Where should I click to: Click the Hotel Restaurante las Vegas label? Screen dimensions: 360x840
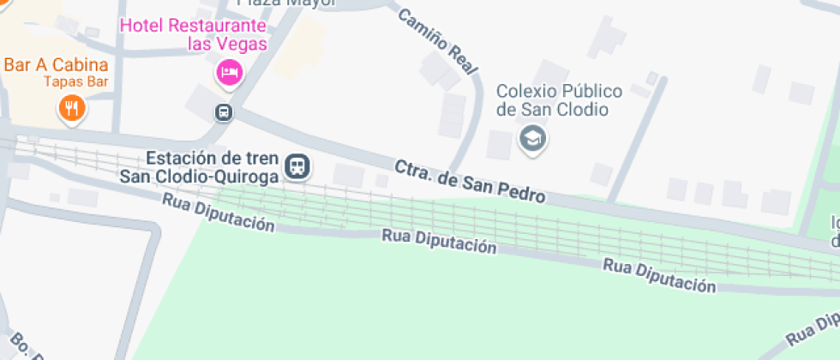[193, 34]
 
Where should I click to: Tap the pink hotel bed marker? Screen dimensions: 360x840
[229, 72]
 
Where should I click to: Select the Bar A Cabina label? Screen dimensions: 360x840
[56, 65]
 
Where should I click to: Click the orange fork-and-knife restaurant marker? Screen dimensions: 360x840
[71, 108]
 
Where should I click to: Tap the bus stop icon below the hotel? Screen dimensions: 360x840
[223, 112]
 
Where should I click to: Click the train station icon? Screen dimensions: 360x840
[297, 165]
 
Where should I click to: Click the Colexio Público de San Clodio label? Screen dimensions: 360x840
[552, 100]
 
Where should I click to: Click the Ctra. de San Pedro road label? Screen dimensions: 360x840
[470, 181]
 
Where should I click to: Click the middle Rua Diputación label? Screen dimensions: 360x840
[440, 242]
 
